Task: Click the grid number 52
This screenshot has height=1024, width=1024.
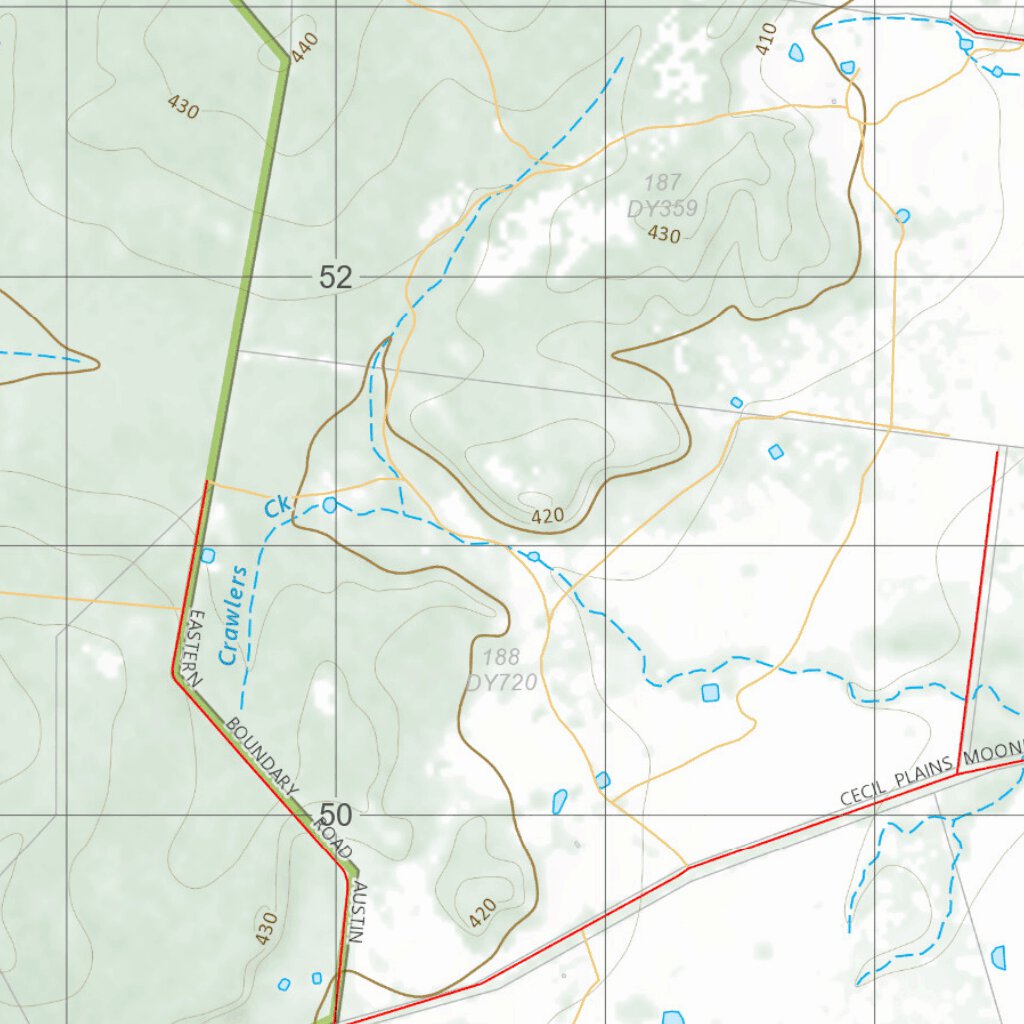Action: tap(336, 277)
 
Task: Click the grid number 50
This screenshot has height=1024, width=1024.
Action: tap(336, 815)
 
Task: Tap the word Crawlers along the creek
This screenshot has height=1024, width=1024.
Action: tap(233, 615)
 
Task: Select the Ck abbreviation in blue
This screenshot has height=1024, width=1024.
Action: tap(277, 507)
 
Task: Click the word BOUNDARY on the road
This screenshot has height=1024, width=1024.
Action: tap(262, 756)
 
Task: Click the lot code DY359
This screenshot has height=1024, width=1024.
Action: tap(662, 208)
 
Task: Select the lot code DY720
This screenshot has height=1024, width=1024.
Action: tap(502, 683)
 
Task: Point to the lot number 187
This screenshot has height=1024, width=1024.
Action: tap(662, 183)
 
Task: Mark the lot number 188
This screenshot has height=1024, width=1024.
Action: tap(501, 658)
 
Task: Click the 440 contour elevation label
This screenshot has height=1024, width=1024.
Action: tap(306, 45)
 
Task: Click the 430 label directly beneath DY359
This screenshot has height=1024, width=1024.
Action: tap(663, 235)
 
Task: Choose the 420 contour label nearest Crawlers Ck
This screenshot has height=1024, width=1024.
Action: tap(547, 516)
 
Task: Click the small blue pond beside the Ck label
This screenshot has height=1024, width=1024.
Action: tap(329, 505)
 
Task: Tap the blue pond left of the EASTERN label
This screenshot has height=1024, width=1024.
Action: tap(208, 555)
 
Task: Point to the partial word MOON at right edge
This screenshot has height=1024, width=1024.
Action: tap(995, 751)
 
